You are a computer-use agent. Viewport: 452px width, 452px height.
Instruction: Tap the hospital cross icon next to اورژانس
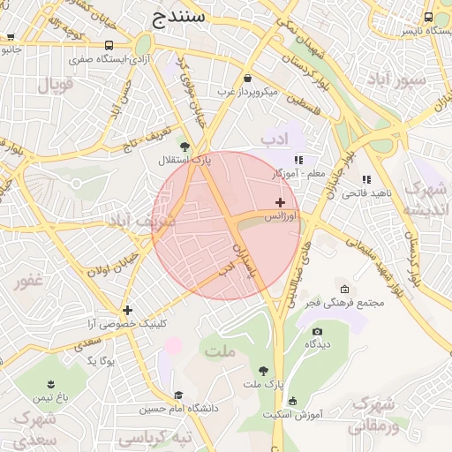280,203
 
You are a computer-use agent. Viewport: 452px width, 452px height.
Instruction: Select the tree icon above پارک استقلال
184,147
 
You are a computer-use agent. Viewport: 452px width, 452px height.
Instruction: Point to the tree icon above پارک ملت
264,371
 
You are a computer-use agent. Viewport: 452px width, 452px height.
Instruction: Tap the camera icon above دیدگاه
317,331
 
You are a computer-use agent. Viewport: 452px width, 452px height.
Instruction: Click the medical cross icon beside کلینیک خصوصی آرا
128,310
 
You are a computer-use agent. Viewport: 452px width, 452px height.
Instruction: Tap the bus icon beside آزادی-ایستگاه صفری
109,46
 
